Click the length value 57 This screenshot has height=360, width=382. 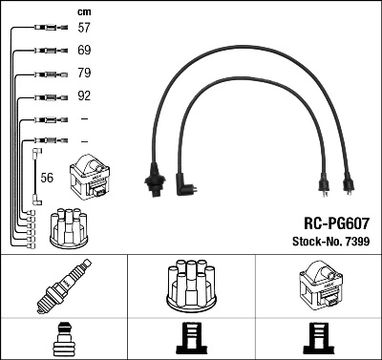84,29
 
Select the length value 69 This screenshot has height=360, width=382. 84,50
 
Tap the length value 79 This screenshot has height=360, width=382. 84,73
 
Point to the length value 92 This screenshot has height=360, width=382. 84,95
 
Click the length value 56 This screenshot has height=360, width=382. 48,177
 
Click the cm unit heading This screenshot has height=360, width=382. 83,11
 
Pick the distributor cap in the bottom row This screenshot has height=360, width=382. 190,284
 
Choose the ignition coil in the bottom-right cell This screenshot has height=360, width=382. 317,285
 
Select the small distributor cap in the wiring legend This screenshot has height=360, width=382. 71,226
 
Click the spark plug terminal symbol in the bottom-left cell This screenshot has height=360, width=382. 63,340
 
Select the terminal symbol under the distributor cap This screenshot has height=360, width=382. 190,340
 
